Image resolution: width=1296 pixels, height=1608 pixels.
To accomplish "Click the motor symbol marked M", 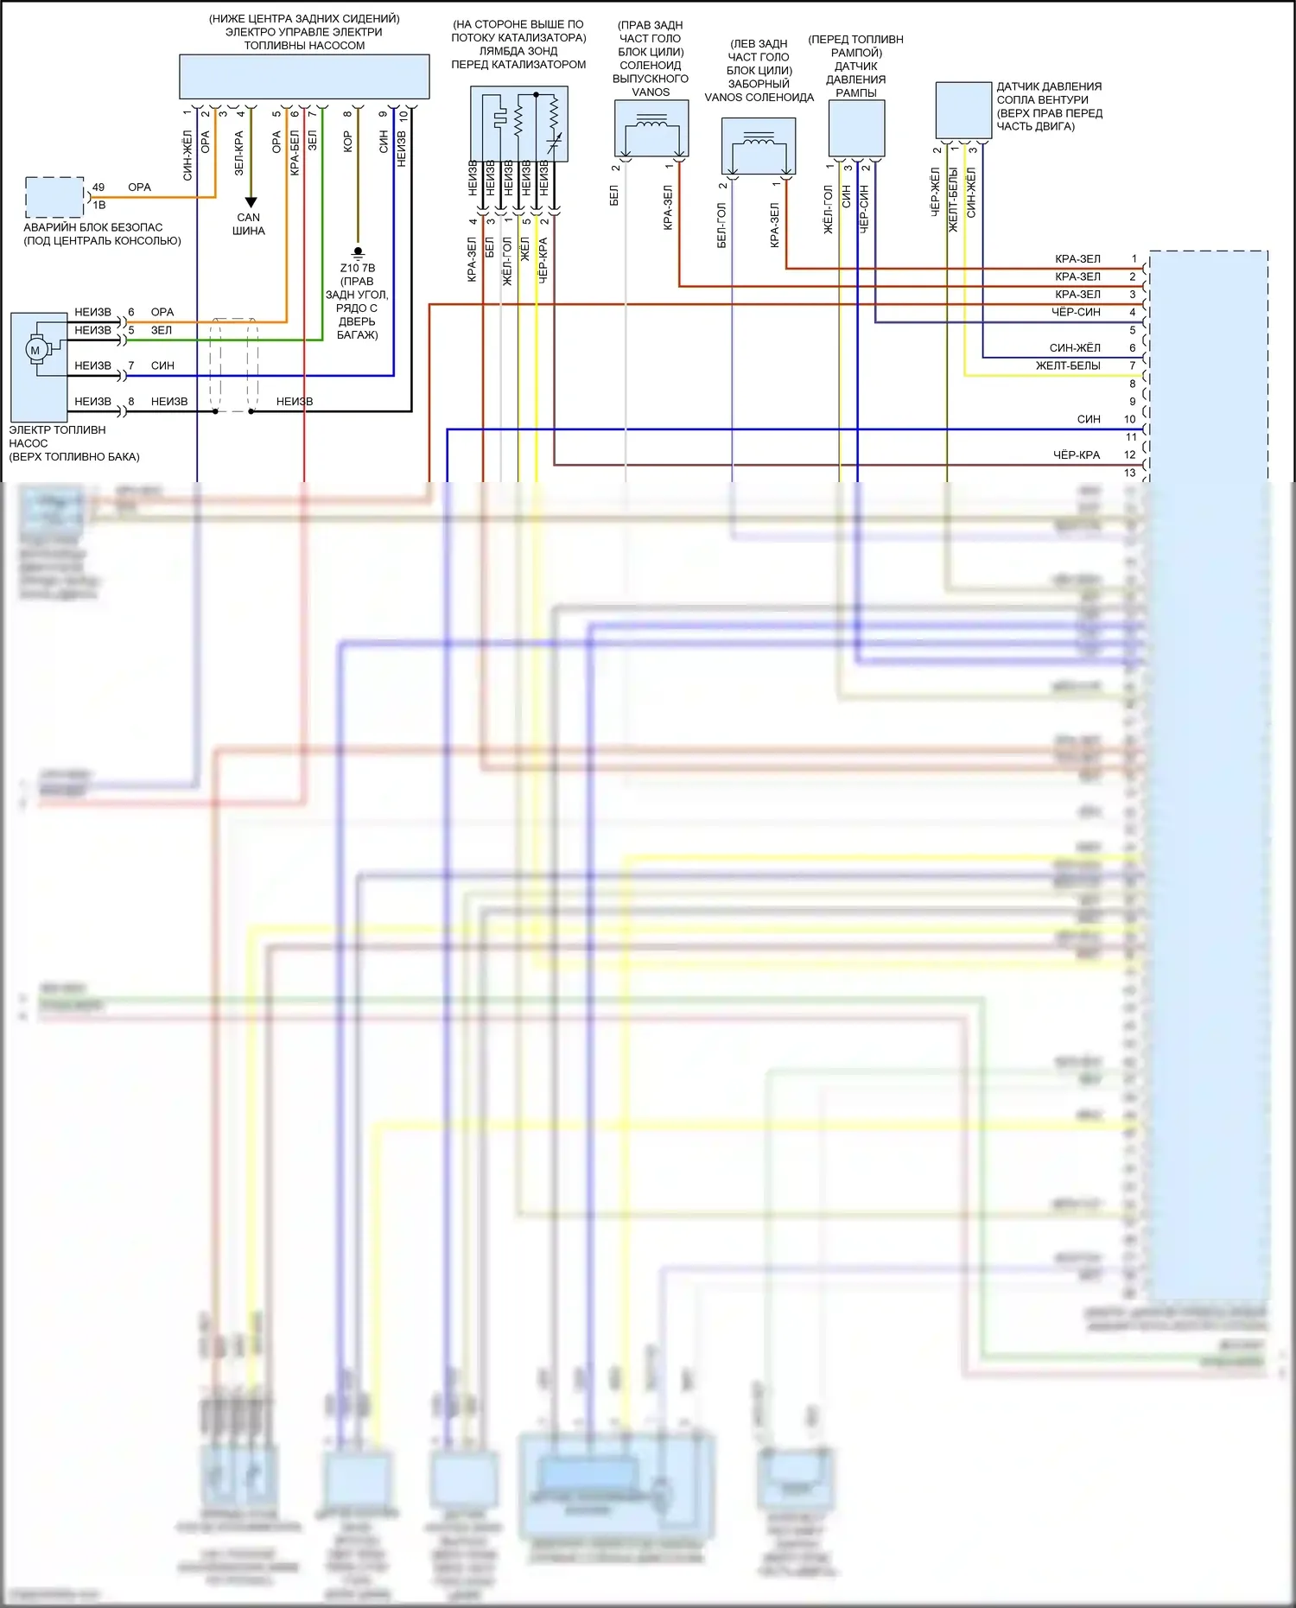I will click(35, 350).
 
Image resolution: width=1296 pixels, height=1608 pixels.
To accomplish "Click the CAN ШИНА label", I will click(249, 224).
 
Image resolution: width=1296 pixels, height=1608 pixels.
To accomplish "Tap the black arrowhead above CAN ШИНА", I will click(251, 203).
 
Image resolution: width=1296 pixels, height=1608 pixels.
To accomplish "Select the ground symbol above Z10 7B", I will click(358, 253).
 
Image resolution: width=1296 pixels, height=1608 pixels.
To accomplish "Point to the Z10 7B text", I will click(358, 268).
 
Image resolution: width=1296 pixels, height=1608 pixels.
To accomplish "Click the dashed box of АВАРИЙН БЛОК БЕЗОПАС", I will click(54, 198).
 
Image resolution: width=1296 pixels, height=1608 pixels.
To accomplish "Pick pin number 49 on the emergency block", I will click(98, 187).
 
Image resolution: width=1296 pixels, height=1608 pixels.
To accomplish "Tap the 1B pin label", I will click(99, 205).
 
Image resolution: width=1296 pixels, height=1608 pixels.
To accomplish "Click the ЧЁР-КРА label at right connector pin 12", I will click(1077, 454).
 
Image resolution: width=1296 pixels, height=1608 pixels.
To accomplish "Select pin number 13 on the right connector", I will click(1130, 473).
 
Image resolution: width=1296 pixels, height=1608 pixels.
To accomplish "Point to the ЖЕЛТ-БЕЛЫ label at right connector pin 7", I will click(1068, 365).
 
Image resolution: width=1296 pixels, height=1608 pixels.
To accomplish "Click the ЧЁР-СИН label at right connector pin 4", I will click(1077, 312).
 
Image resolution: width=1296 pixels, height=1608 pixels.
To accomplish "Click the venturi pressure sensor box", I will click(963, 110).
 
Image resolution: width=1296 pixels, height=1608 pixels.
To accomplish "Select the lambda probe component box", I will click(518, 124).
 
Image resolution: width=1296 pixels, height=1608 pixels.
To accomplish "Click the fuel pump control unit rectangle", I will click(304, 77).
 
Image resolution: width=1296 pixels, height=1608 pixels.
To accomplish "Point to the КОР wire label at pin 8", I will click(347, 142).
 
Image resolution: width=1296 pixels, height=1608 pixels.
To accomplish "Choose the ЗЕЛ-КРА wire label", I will click(239, 153).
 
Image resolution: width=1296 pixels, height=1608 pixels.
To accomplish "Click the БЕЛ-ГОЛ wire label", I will click(722, 226).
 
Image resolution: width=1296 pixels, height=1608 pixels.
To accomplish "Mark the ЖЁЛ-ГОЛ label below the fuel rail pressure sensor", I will click(829, 209).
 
